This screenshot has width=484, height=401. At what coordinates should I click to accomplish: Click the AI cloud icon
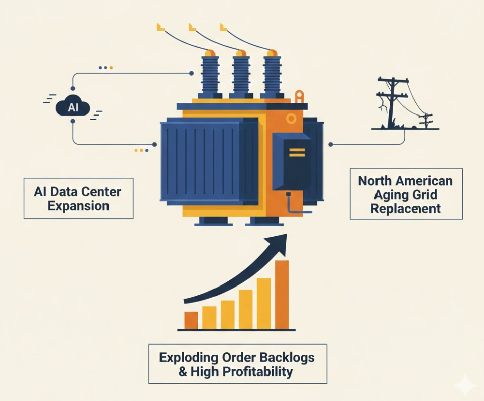(73, 107)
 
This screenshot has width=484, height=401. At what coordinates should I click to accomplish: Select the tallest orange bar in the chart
(282, 295)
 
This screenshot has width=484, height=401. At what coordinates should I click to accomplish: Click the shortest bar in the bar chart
(191, 320)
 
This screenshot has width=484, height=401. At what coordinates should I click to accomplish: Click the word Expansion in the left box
(78, 206)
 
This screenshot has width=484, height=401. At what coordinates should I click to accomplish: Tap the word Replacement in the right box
(406, 209)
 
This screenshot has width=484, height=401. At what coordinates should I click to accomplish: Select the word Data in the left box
(66, 192)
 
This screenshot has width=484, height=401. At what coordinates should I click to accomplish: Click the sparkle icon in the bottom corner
(464, 386)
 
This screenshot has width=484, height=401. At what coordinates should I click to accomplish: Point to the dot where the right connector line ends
(330, 145)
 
